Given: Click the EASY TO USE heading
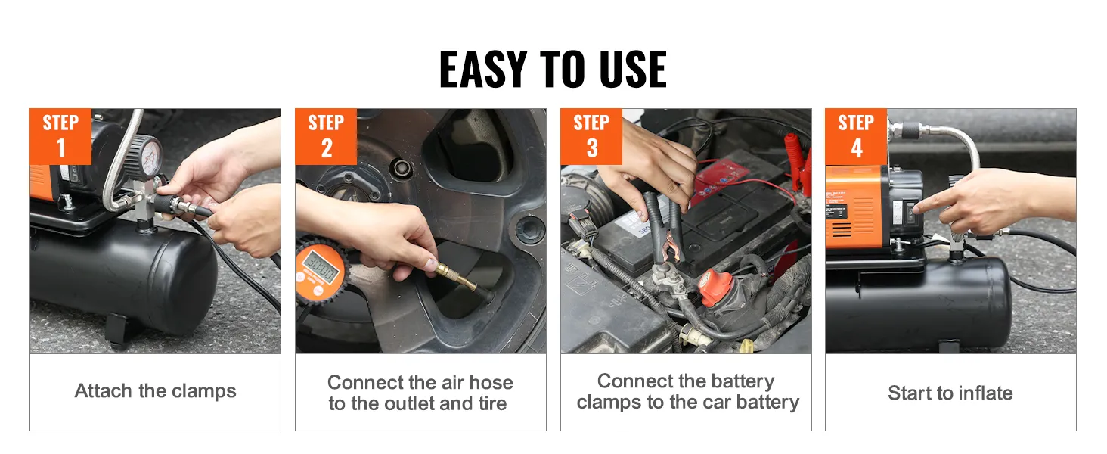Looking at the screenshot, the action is [x=553, y=70].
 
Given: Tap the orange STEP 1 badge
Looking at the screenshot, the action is [x=60, y=136].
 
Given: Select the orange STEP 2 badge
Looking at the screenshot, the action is [x=326, y=136].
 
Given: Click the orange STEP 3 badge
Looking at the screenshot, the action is [x=591, y=136].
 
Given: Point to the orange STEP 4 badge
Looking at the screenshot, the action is [x=856, y=136].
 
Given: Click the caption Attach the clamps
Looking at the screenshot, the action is [x=155, y=391].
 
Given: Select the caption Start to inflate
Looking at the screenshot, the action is [x=950, y=393].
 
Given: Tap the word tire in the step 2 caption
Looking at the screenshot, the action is [x=493, y=403].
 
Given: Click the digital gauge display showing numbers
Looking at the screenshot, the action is [x=321, y=266].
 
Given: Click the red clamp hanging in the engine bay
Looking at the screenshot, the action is [x=798, y=163].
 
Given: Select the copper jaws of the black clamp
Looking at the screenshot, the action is [x=668, y=250].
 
